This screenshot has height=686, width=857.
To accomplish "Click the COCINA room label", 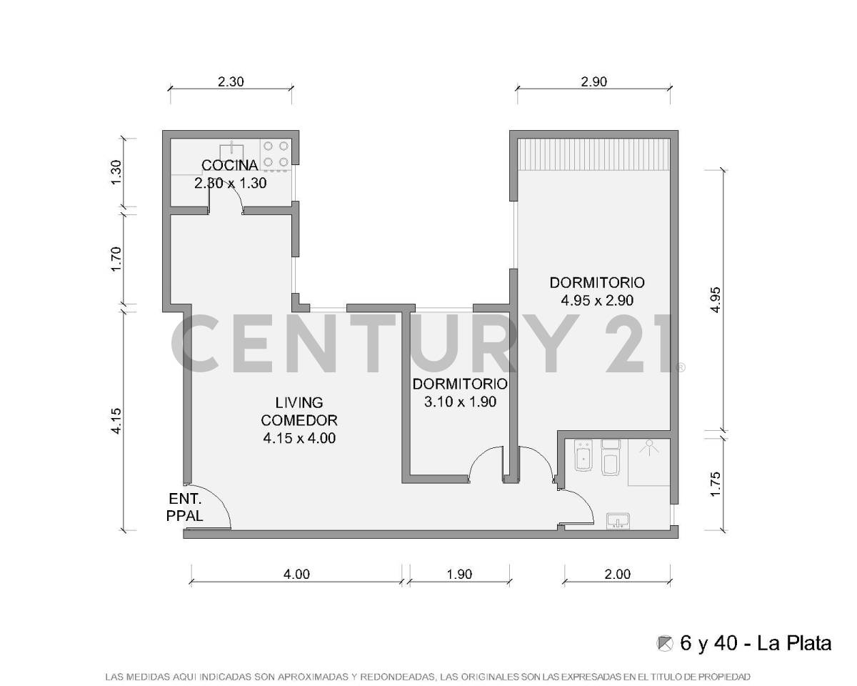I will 229,166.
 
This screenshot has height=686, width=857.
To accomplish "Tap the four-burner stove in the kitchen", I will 276,154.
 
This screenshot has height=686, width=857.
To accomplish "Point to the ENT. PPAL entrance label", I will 185,507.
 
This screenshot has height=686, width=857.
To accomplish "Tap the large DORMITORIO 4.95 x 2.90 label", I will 597,291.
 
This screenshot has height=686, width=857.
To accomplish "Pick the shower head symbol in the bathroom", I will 648,446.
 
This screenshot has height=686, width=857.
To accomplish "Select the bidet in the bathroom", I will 584,456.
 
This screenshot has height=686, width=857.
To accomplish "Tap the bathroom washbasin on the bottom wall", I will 618,521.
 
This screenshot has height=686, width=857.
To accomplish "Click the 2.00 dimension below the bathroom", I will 617,574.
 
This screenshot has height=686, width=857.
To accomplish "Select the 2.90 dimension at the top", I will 593,81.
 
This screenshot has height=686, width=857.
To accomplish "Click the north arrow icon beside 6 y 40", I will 665,643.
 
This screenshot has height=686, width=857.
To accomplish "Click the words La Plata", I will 794,643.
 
